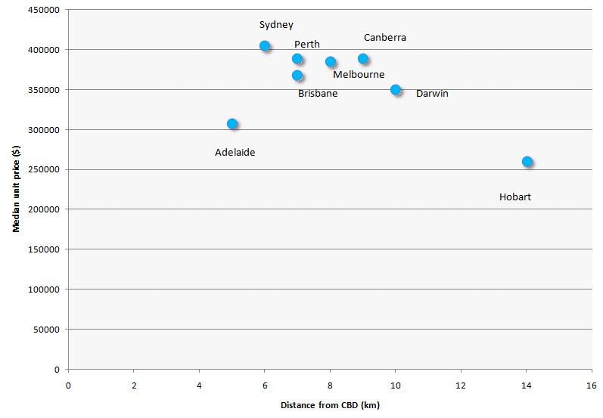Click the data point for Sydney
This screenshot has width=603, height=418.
click(265, 46)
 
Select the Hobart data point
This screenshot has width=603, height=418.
click(527, 162)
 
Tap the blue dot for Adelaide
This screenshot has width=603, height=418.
click(232, 124)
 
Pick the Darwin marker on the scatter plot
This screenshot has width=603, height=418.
click(396, 90)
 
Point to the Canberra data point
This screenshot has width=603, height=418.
click(363, 59)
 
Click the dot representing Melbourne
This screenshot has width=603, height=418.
click(331, 62)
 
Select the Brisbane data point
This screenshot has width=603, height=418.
click(297, 76)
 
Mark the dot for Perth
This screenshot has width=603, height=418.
click(297, 59)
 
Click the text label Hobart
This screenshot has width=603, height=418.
click(515, 197)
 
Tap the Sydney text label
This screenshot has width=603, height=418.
click(276, 25)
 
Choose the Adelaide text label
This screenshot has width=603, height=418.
click(235, 153)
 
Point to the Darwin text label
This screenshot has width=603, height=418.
click(432, 94)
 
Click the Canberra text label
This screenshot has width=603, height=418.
click(385, 38)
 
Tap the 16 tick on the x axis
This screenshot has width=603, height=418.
click(591, 384)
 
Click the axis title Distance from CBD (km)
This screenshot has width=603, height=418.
click(330, 405)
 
